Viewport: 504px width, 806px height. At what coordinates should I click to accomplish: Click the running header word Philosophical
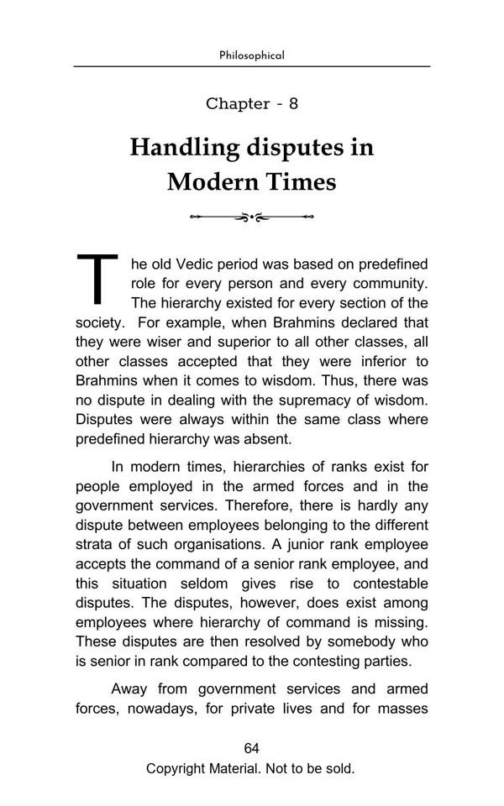click(251, 55)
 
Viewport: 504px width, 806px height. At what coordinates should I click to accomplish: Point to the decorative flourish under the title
click(251, 217)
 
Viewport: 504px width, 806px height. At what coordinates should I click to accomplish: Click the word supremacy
click(312, 400)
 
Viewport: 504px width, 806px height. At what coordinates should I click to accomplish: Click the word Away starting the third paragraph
click(129, 689)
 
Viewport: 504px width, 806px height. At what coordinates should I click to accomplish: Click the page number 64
click(251, 749)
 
